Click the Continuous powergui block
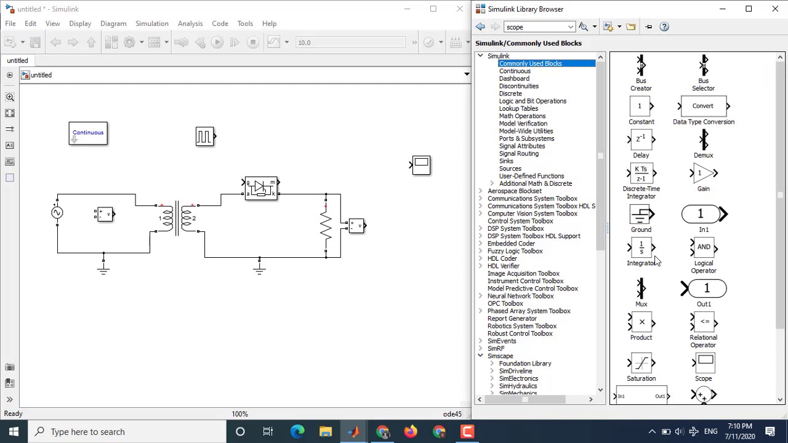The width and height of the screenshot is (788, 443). [88, 133]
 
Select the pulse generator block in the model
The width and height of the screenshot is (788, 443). [204, 137]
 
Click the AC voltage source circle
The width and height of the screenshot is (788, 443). [57, 213]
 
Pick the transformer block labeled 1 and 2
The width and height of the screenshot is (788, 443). [177, 218]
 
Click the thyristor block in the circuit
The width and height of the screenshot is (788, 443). [261, 188]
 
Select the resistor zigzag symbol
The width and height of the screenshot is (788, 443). [326, 226]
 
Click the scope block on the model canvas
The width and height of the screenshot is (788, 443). [421, 165]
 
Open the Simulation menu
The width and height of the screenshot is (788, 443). [151, 23]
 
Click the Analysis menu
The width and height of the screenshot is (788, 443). [190, 23]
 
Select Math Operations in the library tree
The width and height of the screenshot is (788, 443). [522, 116]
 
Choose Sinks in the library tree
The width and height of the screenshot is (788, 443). [506, 161]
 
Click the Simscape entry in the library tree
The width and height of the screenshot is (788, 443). [500, 356]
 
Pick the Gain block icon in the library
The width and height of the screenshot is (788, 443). [704, 174]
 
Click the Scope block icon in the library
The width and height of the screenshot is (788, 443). [704, 362]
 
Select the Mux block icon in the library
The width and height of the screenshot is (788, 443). [641, 289]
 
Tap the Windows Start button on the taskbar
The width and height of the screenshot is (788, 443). [14, 432]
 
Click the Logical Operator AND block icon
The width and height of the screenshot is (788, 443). [704, 247]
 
